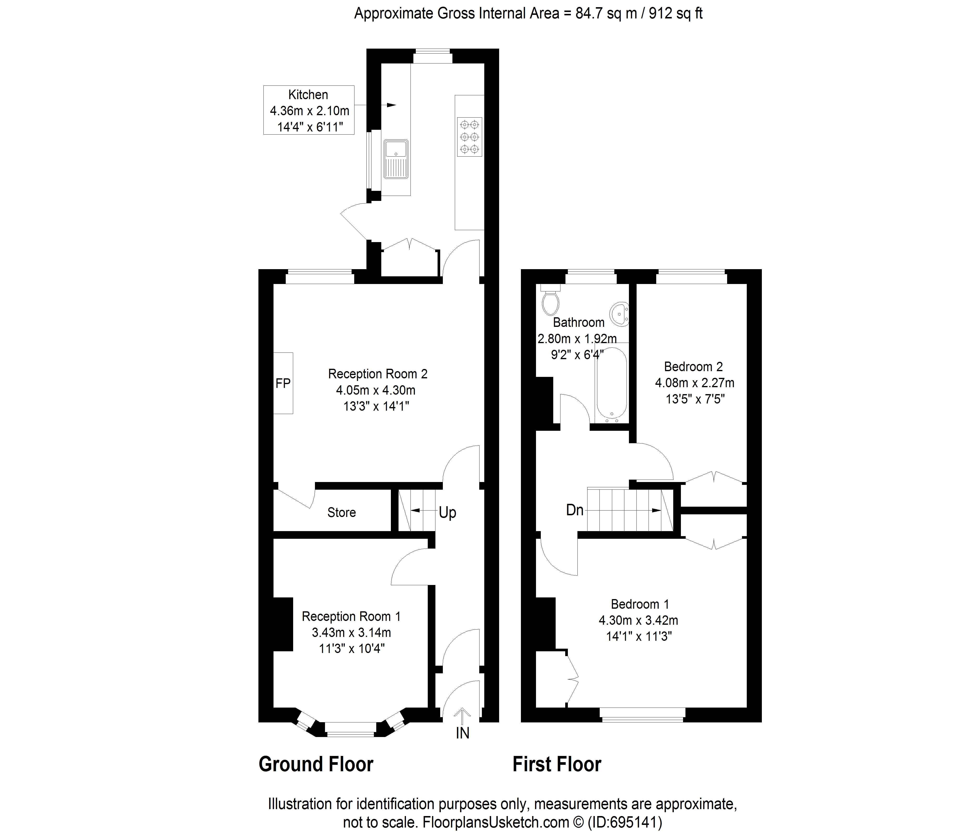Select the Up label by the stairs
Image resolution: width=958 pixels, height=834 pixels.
tap(447, 512)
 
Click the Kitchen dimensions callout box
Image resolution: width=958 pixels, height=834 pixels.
tap(309, 110)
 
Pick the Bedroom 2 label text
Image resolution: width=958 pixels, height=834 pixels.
tap(693, 367)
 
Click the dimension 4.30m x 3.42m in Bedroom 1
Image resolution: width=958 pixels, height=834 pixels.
tap(638, 620)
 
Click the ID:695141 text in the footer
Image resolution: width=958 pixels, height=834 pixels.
tap(625, 822)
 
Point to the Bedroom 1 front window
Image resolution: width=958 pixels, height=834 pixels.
tap(642, 714)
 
